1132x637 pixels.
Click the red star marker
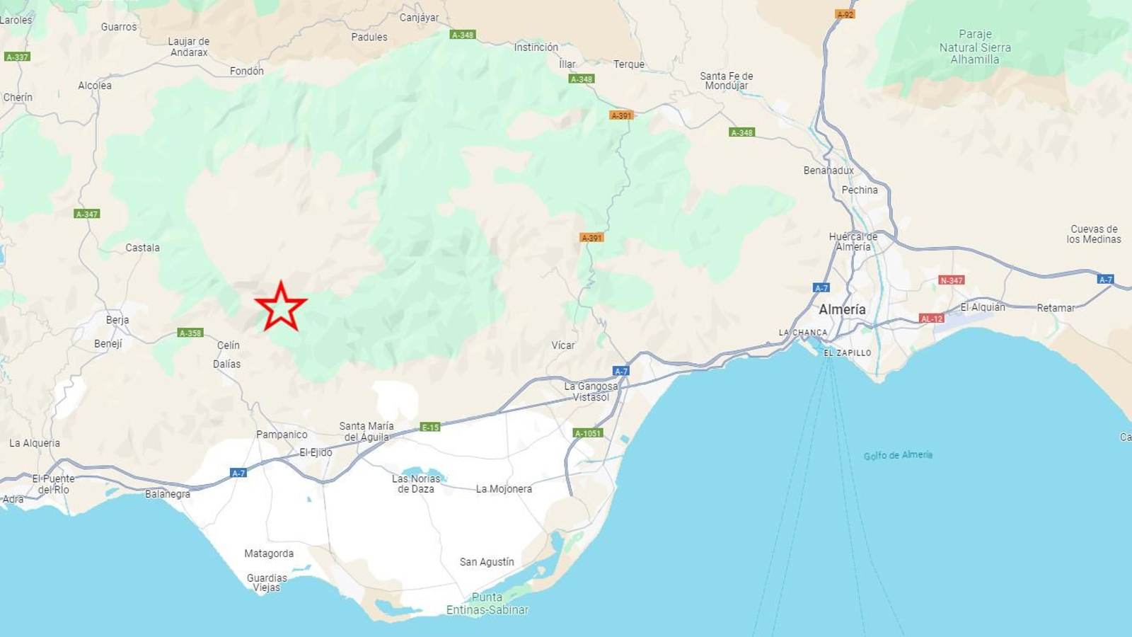pos(281,306)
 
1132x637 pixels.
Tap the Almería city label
pos(842,309)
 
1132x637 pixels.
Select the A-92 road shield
pos(845,14)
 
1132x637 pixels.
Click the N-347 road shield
pos(951,280)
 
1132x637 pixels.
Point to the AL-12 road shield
pos(931,318)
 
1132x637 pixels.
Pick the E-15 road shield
pos(430,427)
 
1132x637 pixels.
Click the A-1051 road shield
pos(588,433)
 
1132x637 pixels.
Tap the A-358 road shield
pos(190,333)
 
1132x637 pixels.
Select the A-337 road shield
pos(17,57)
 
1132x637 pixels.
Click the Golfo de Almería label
pos(898,455)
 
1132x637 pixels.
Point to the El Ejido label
pos(316,452)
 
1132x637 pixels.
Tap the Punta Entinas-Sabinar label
pos(487,603)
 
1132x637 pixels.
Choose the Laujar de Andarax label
pos(189,47)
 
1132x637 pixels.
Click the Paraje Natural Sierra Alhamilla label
pos(975,47)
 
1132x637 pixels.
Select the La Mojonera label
pos(504,489)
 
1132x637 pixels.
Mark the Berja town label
pos(117,320)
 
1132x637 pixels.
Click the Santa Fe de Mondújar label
pos(727,81)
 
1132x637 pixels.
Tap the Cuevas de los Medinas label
pos(1094,234)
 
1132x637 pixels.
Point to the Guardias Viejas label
pos(267,583)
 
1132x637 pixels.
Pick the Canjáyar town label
pos(419,18)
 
